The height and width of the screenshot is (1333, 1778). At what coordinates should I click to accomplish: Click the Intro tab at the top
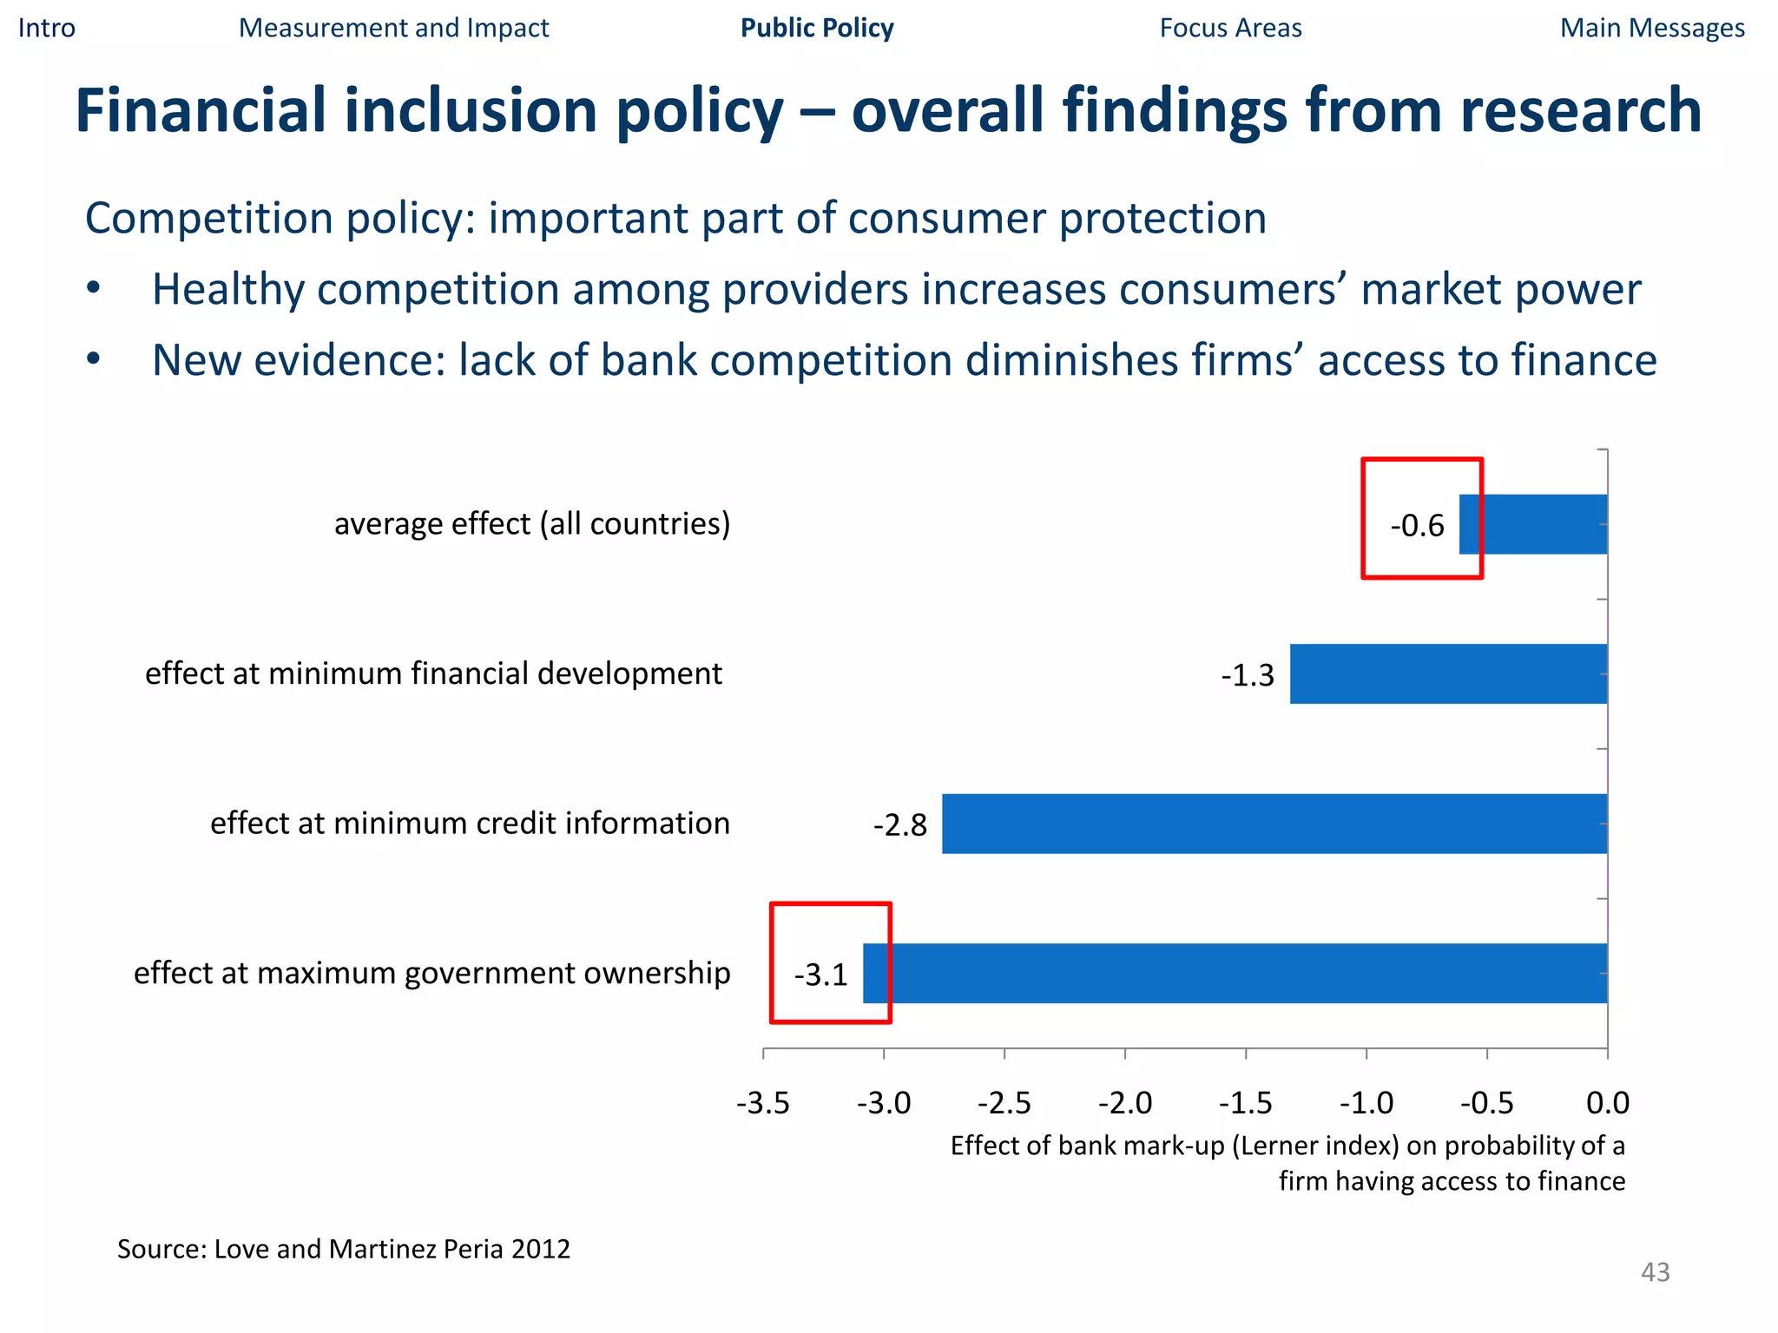[x=47, y=28]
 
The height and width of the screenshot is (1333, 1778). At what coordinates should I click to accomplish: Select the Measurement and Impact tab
[x=393, y=28]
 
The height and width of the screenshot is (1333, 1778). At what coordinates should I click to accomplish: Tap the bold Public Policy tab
[x=816, y=28]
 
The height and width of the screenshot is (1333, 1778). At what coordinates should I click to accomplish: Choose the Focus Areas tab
[x=1230, y=28]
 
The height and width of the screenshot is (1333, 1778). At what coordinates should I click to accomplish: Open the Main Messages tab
[x=1652, y=28]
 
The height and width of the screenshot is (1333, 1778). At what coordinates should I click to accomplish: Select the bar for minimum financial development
[x=1448, y=673]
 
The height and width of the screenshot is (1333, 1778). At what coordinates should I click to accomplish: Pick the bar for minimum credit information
[x=1274, y=824]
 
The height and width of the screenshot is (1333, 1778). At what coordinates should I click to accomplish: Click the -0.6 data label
[x=1417, y=526]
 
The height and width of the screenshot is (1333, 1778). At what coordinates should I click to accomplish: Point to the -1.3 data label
[x=1248, y=675]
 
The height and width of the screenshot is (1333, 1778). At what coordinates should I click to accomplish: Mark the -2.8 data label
[x=900, y=825]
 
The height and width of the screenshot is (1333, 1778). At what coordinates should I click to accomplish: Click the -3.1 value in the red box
[x=820, y=975]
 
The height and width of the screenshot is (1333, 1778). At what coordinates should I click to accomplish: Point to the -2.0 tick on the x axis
[x=1125, y=1103]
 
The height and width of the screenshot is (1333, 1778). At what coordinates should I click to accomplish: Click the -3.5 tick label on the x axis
[x=763, y=1103]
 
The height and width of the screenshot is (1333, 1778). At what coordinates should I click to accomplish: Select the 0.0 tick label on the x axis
[x=1608, y=1103]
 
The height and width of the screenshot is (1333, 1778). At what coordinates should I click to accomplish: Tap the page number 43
[x=1655, y=1272]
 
